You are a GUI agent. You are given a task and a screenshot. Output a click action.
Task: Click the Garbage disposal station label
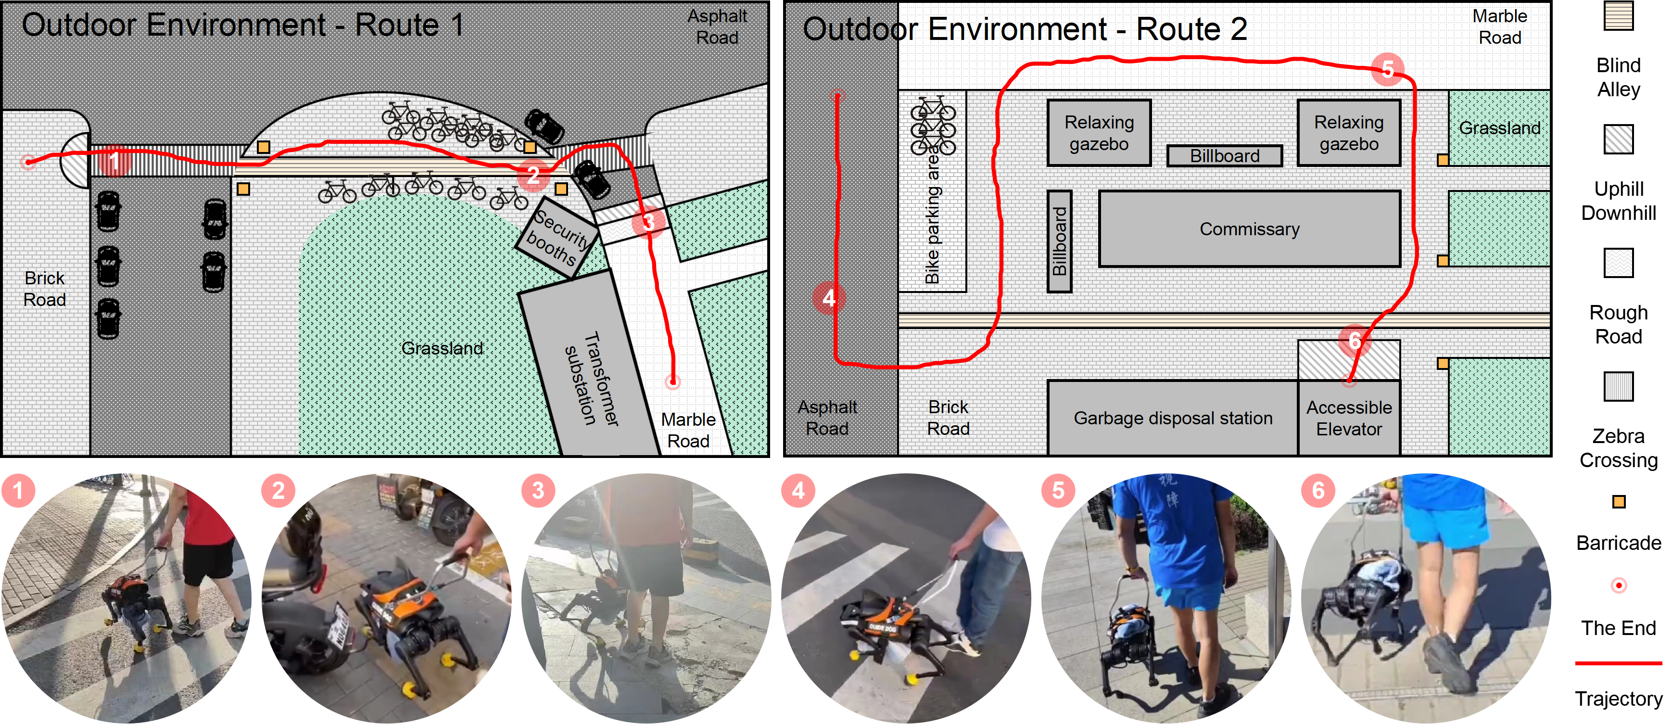point(1172,418)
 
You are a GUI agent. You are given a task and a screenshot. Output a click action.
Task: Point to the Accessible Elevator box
point(1349,418)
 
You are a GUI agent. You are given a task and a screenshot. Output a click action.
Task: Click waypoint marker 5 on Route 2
point(1388,69)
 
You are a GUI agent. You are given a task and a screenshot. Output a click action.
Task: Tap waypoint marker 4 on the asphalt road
point(829,298)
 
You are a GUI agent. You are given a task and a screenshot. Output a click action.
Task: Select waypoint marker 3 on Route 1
point(648,223)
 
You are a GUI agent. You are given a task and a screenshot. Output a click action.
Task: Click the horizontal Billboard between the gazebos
point(1224,156)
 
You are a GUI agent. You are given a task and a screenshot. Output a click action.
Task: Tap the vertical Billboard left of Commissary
point(1059,241)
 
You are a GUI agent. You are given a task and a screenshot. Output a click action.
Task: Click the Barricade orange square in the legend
point(1619,502)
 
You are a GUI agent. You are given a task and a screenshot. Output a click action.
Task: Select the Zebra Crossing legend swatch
point(1618,386)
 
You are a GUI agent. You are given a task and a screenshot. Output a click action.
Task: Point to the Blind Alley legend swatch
point(1618,15)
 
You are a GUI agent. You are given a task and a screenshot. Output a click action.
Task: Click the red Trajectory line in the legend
point(1618,663)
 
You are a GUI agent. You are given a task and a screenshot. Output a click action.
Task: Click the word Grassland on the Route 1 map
point(442,348)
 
